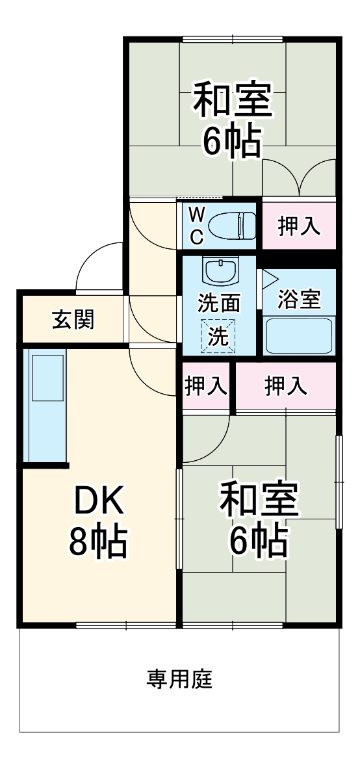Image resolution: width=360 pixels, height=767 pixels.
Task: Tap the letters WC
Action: pos(196,226)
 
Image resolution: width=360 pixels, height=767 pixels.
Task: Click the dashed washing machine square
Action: pos(218,336)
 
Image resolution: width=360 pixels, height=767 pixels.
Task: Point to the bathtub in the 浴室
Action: pos(299,335)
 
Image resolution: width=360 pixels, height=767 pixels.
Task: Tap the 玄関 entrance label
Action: pos(73,319)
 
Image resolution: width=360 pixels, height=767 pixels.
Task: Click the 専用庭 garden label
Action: pos(179,680)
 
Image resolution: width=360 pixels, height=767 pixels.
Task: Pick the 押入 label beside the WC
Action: pos(299,226)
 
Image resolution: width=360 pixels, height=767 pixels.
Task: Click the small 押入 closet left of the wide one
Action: pos(206,387)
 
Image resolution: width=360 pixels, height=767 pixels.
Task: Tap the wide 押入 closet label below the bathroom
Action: pos(285,387)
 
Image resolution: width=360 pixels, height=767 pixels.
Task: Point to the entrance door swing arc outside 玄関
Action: pos(97,266)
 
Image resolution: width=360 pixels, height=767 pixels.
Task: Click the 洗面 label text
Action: pos(219,304)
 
